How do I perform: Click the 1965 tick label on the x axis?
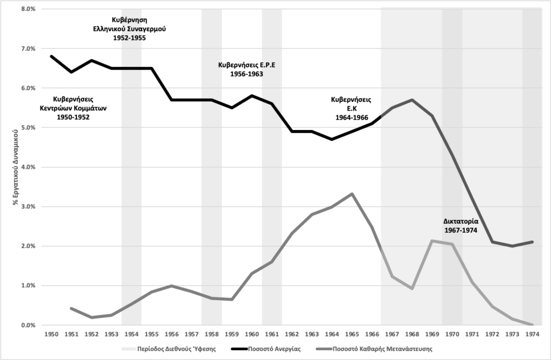coord(352,334)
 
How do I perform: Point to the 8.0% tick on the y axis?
coord(27,9)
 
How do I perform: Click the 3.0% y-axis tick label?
coord(27,206)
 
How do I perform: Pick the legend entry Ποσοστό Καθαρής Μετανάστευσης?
coord(382,349)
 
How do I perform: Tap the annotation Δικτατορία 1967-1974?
coord(462,226)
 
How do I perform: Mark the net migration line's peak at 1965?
coord(352,194)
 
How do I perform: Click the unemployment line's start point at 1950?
coord(51,56)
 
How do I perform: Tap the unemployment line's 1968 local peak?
coord(412,100)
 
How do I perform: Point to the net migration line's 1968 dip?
coord(412,289)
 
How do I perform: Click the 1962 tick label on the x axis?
coord(291,334)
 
